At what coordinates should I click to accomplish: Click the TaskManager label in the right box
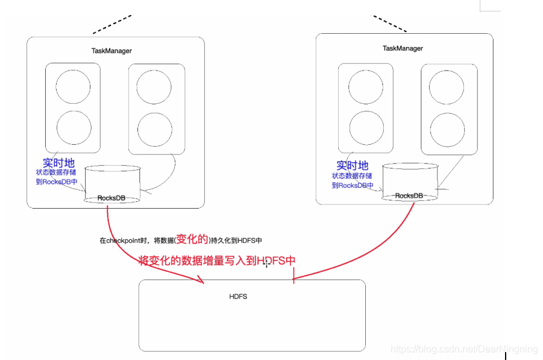pyautogui.click(x=403, y=48)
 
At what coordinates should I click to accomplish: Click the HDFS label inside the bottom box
pyautogui.click(x=238, y=296)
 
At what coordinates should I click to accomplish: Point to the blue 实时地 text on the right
pyautogui.click(x=352, y=165)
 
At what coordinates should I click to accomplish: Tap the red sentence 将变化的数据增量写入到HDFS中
pyautogui.click(x=217, y=261)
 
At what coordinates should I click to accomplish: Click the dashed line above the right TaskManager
pyautogui.click(x=389, y=24)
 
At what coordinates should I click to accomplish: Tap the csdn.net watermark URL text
pyautogui.click(x=463, y=349)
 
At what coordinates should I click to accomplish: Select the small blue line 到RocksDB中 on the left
pyautogui.click(x=57, y=182)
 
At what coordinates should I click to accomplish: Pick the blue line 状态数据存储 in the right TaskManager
pyautogui.click(x=353, y=176)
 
